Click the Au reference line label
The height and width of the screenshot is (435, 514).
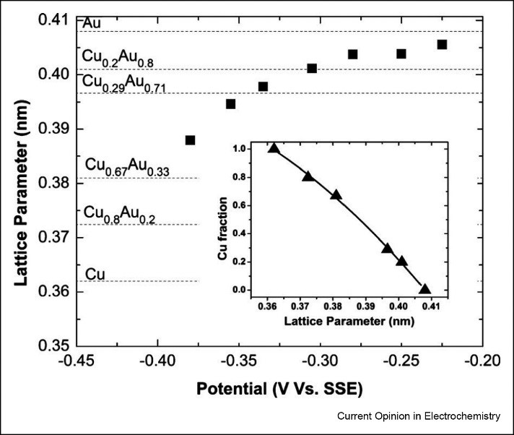point(92,24)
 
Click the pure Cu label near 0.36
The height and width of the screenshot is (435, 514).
point(95,274)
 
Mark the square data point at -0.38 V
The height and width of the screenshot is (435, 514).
point(191,140)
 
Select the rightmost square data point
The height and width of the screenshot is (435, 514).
point(442,45)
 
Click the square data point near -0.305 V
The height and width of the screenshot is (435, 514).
point(312,69)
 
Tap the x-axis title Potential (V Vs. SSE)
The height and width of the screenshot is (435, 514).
point(279,389)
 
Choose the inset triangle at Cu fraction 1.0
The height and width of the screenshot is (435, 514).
point(273,148)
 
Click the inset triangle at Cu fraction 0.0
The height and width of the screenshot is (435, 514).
point(424,289)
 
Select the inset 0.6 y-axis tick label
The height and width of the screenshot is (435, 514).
point(250,205)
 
